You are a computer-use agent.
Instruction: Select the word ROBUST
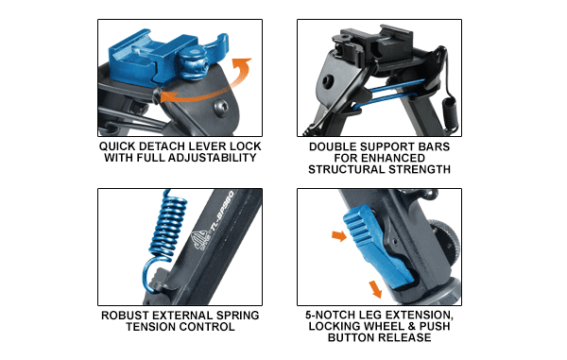(118, 315)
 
